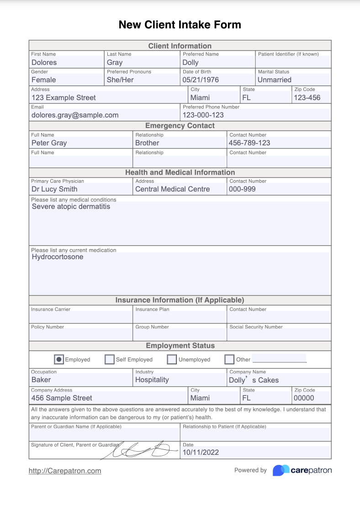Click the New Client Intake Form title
(180, 25)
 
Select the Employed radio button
(59, 359)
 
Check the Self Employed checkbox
(110, 359)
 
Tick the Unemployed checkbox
(172, 359)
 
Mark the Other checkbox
(229, 359)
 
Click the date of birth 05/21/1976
(201, 80)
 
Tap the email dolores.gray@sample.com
(75, 115)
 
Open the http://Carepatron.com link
(65, 470)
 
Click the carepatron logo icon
(281, 470)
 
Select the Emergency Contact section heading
(180, 126)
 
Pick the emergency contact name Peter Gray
(49, 143)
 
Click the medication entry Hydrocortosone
(58, 257)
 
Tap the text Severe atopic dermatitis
(71, 207)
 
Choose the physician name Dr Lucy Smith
(54, 189)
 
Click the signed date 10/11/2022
(201, 453)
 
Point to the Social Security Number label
(256, 327)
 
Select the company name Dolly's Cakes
(254, 380)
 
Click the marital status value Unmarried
(274, 80)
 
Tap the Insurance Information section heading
(180, 300)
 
